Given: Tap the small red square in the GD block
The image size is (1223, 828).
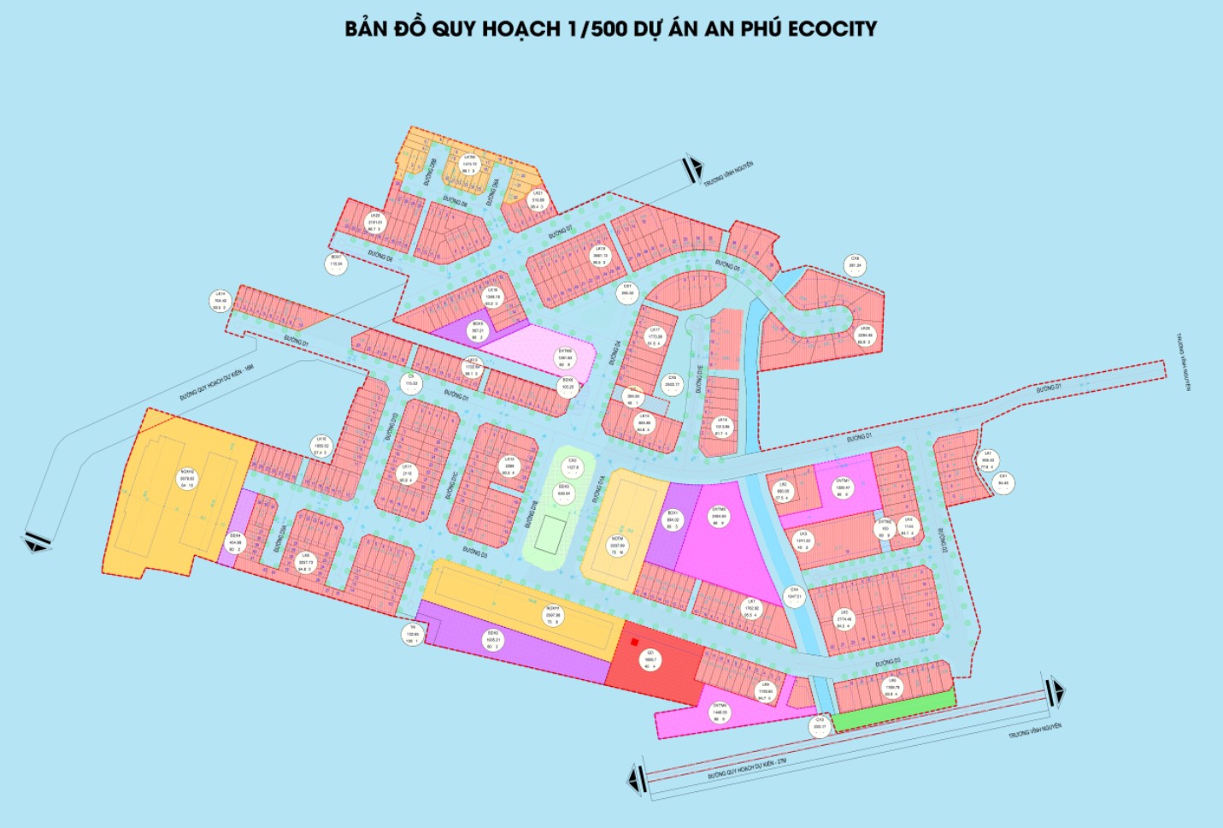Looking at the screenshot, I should pos(633,642).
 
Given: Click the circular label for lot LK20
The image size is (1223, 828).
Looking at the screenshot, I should pos(374,222).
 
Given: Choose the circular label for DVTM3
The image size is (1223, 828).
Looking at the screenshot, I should pos(719,516).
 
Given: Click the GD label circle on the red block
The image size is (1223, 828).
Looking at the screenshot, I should pos(650,659).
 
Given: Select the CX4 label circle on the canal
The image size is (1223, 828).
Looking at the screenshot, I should pos(794,594).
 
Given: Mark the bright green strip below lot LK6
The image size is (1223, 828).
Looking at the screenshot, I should pos(894,712).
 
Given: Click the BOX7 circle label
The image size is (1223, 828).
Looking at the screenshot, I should pos(337,261).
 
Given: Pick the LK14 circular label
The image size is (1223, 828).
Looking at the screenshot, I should pos(220,300).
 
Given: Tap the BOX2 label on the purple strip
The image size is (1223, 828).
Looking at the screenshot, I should pos(493,640).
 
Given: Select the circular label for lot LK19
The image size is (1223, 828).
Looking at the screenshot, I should pos(600,256).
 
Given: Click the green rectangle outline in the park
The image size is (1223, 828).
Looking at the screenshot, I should pos(550,535).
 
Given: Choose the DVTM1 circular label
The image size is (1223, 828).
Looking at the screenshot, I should pos(843,488).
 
